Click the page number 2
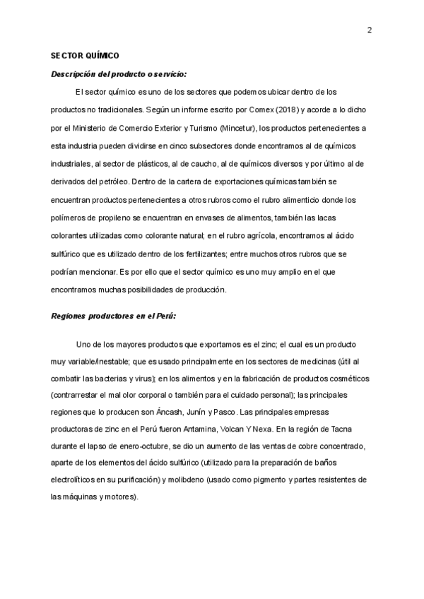[x=369, y=30]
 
